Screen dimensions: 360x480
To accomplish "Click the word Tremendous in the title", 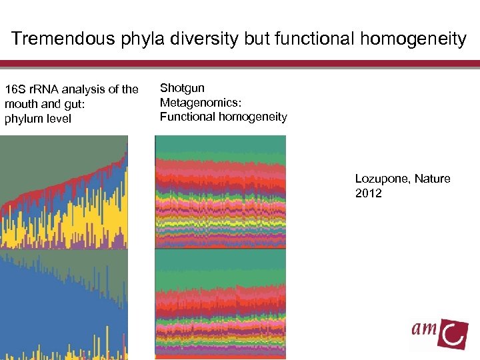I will [x=63, y=39].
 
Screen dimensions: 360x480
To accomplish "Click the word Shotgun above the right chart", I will [x=182, y=88].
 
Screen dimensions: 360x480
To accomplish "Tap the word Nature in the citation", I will [x=434, y=179].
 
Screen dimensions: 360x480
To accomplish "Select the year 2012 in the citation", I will [x=369, y=193].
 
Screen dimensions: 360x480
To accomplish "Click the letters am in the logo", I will [x=424, y=330].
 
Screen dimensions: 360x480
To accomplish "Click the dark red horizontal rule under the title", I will [x=240, y=64].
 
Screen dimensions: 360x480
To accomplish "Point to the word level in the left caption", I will [x=59, y=119].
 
